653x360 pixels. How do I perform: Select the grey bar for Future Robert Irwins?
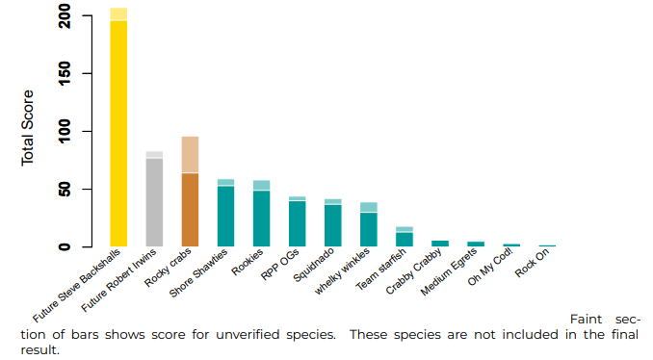pyautogui.click(x=154, y=202)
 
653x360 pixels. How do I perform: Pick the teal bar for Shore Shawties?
pyautogui.click(x=225, y=216)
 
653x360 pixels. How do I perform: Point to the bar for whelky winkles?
pyautogui.click(x=368, y=229)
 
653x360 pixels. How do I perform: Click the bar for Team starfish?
pyautogui.click(x=405, y=239)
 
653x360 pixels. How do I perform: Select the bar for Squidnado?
pyautogui.click(x=332, y=225)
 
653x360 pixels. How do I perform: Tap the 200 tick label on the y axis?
pyautogui.click(x=65, y=16)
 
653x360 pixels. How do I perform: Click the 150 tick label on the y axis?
pyautogui.click(x=65, y=73)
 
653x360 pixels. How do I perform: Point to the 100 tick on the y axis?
pyautogui.click(x=65, y=131)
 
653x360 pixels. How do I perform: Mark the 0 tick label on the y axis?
pyautogui.click(x=65, y=246)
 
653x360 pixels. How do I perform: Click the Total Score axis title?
pyautogui.click(x=28, y=130)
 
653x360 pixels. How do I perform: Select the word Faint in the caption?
pyautogui.click(x=588, y=319)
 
